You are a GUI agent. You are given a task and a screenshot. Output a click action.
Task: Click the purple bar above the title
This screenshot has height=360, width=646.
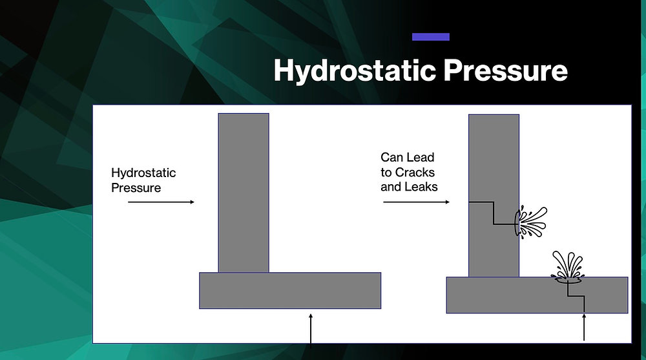pos(430,37)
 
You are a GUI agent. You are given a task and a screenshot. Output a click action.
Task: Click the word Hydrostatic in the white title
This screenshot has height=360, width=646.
pos(344,70)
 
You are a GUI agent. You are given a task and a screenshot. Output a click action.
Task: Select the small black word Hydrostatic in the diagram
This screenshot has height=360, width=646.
pos(143,173)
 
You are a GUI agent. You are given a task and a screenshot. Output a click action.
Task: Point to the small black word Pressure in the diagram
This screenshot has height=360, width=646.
pos(136,188)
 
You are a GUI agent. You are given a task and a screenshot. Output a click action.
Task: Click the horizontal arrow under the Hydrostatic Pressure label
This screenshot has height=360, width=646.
pos(161,202)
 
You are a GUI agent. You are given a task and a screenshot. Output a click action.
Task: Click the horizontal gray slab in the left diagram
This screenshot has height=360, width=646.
pos(289,290)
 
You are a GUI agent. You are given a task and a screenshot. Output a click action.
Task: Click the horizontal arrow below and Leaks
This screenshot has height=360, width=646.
pos(416,202)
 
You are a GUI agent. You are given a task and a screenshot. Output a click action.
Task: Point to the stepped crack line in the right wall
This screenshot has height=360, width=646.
pos(494,213)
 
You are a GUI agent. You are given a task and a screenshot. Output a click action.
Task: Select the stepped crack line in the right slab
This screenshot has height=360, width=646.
pos(575,295)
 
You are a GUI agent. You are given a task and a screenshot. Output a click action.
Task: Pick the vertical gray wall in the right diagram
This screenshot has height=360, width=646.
pos(494,162)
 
